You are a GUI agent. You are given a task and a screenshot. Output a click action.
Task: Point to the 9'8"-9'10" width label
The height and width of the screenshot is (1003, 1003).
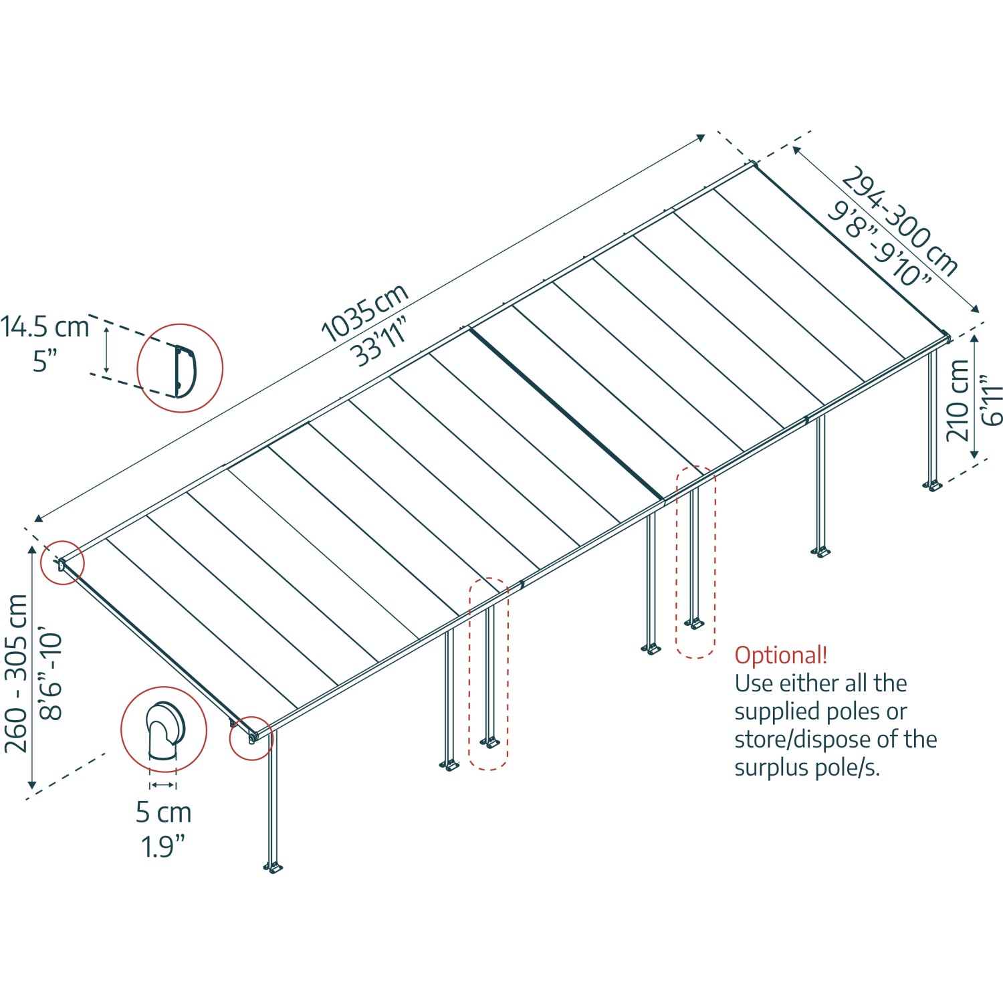[879, 243]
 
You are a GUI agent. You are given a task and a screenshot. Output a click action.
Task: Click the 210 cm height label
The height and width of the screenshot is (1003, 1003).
[958, 400]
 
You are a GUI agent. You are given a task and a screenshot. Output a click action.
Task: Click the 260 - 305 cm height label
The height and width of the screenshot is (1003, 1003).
[16, 673]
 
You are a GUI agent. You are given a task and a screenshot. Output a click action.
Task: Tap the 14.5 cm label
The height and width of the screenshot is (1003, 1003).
[44, 327]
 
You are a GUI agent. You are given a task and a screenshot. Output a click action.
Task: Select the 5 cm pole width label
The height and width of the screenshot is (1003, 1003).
[163, 812]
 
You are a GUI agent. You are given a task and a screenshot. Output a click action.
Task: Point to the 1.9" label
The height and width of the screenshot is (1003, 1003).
[162, 847]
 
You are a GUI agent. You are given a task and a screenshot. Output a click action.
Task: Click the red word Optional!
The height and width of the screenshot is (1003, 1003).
[781, 655]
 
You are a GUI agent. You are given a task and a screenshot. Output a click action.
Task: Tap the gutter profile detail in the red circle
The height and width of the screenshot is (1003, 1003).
[180, 368]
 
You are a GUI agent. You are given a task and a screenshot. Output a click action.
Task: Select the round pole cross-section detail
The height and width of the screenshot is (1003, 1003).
[164, 730]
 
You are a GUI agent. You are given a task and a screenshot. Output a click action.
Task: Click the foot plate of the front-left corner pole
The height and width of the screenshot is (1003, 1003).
[273, 868]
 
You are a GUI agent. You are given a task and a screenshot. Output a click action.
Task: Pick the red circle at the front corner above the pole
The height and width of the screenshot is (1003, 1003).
[251, 738]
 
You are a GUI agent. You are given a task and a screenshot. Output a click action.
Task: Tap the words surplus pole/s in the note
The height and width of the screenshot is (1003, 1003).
[807, 768]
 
